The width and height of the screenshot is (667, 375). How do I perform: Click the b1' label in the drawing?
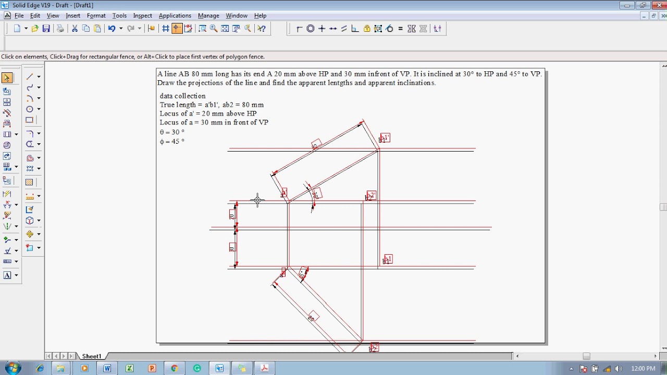pos(385,138)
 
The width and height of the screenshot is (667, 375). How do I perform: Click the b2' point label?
pos(371,196)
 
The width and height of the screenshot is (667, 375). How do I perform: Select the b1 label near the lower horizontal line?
pos(387,259)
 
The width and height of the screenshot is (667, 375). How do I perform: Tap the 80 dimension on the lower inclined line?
pos(312,317)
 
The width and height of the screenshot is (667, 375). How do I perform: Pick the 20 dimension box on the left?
pos(232,215)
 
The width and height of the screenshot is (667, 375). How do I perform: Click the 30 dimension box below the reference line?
pos(232,247)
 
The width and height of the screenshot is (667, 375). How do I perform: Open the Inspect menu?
pos(142,16)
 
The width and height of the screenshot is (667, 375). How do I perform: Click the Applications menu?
pos(175,16)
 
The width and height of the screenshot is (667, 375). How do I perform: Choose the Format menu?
pos(96,16)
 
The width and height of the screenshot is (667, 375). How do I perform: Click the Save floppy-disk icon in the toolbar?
pos(46,29)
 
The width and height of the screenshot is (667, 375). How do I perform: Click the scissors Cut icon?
pos(75,29)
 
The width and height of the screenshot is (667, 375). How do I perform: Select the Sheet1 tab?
pos(92,356)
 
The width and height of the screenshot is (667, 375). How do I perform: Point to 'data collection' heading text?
pos(182,96)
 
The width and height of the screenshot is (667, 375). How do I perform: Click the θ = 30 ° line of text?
pos(172,132)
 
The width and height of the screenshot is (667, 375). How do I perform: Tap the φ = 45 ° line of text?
pos(172,142)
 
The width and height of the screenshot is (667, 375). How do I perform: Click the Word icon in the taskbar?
pos(107,368)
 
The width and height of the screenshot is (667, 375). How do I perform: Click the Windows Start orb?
pos(13,368)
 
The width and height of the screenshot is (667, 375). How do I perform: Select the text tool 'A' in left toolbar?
pos(7,275)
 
